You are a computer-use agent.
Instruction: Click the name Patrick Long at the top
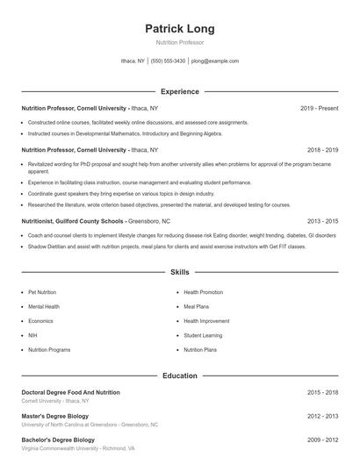pyautogui.click(x=179, y=28)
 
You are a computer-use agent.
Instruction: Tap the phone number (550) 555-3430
pyautogui.click(x=168, y=61)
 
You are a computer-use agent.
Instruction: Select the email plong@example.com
pyautogui.click(x=214, y=61)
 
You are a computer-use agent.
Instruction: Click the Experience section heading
pyautogui.click(x=179, y=91)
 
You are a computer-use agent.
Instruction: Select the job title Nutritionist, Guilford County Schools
pyautogui.click(x=73, y=221)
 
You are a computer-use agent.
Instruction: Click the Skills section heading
pyautogui.click(x=179, y=274)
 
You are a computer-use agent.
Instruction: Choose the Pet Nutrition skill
pyautogui.click(x=42, y=291)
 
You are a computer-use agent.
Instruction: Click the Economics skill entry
pyautogui.click(x=40, y=320)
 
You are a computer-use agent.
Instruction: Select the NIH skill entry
pyautogui.click(x=32, y=335)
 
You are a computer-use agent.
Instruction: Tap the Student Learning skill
pyautogui.click(x=203, y=335)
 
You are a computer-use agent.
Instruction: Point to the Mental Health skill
pyautogui.click(x=44, y=306)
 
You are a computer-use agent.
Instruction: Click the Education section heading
pyautogui.click(x=179, y=376)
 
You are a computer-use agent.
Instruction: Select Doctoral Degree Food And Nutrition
pyautogui.click(x=70, y=392)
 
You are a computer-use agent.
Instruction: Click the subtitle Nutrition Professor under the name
pyautogui.click(x=179, y=42)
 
